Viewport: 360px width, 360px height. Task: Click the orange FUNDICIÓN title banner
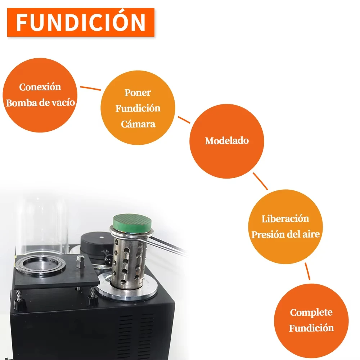click(81, 22)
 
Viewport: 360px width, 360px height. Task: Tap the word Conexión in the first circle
click(40, 87)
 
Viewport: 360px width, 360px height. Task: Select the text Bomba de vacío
click(40, 103)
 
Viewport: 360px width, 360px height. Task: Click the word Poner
click(138, 93)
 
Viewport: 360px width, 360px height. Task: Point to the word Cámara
click(138, 124)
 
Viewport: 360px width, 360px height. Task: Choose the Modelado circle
click(226, 141)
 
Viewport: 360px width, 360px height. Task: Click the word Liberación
click(285, 219)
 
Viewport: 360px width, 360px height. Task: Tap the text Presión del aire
click(285, 234)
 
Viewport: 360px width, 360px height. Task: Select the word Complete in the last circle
click(311, 312)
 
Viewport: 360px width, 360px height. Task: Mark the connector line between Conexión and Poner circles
click(90, 88)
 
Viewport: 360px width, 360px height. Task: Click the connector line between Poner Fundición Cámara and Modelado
click(184, 120)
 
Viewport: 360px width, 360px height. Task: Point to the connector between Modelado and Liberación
click(260, 181)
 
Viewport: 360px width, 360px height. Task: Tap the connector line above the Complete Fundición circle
click(307, 271)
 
